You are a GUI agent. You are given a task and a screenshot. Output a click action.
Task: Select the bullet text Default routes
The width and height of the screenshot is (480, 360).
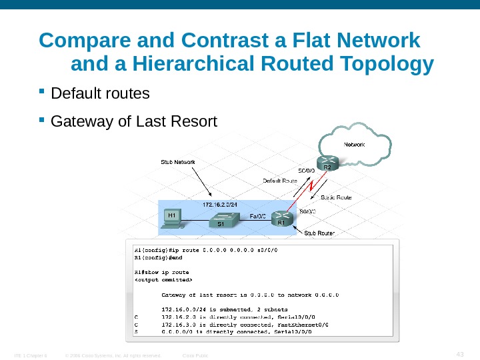click(x=101, y=93)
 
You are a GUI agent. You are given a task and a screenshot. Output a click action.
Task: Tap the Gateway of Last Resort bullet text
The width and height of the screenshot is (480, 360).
click(x=134, y=122)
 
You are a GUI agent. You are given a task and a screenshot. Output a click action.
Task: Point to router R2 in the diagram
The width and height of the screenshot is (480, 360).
click(x=327, y=163)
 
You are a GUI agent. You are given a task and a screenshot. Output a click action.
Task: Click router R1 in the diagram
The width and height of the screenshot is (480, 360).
click(x=283, y=217)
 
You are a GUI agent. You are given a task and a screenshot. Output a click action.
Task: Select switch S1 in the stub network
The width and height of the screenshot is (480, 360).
click(x=222, y=221)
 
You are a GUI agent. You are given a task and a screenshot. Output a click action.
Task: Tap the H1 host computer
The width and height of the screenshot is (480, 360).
click(x=172, y=219)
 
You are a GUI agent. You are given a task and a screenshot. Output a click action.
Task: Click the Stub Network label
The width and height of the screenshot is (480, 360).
click(x=177, y=161)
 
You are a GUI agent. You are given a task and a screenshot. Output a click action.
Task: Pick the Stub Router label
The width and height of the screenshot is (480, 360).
click(x=319, y=233)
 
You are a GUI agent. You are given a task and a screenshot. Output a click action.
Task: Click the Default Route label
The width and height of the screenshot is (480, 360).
click(x=279, y=181)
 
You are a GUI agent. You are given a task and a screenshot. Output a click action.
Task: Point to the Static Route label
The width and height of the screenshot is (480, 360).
click(x=336, y=197)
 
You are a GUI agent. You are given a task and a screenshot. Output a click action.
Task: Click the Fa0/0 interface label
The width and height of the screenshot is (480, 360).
click(x=257, y=216)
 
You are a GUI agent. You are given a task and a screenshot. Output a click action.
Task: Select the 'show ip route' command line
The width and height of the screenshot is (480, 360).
click(x=161, y=272)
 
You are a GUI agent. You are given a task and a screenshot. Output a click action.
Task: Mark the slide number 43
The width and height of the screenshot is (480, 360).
click(x=458, y=353)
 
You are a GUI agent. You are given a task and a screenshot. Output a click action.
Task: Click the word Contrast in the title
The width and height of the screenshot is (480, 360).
click(x=190, y=41)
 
